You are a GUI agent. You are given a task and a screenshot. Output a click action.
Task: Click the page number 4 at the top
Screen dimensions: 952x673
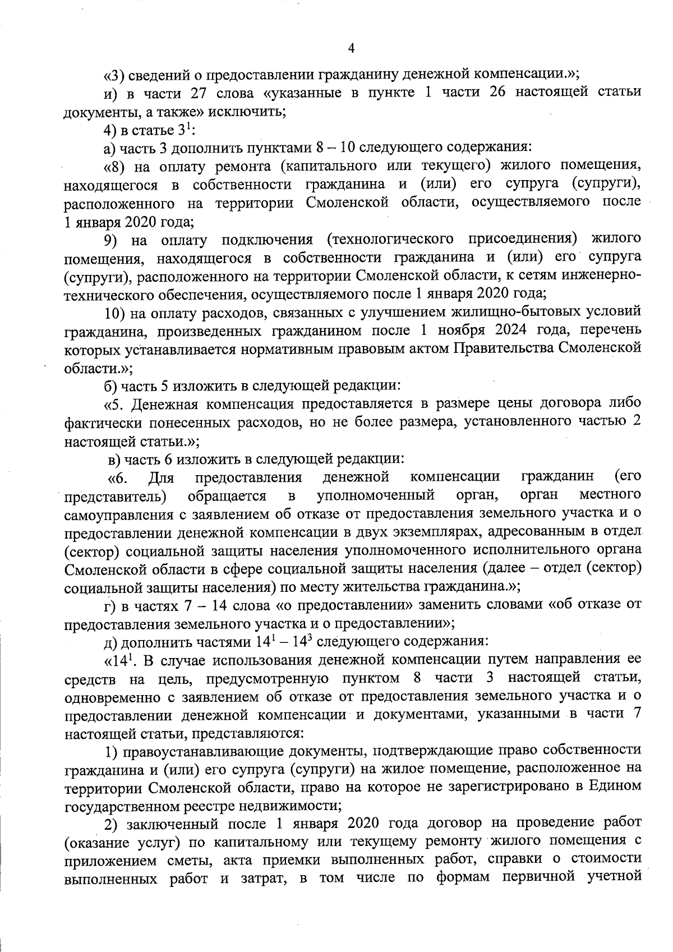[x=351, y=48]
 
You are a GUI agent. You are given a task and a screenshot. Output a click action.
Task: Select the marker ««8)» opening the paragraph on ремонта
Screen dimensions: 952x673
[x=116, y=166]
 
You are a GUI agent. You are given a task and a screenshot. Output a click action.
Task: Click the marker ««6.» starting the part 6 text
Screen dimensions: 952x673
[x=118, y=477]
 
